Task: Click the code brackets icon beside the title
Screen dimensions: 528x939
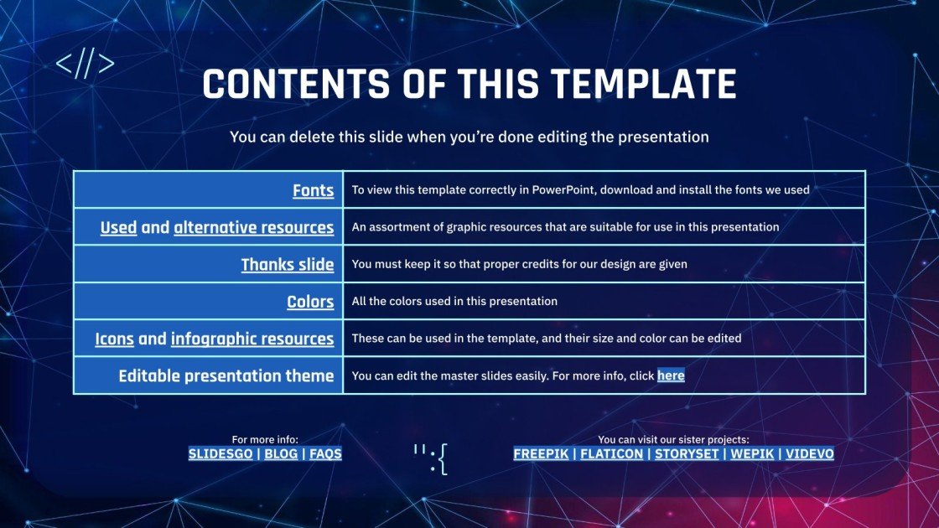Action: click(85, 65)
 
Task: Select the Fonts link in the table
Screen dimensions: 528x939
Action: click(313, 190)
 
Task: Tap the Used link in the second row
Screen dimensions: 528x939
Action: click(118, 227)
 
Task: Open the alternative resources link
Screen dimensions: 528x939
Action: click(253, 227)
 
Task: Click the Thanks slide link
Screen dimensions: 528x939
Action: click(287, 265)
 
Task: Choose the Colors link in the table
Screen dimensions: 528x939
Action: click(310, 302)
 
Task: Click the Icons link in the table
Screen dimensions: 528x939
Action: click(114, 339)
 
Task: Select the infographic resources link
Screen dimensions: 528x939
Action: click(252, 339)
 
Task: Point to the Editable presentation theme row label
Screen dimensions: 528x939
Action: click(226, 375)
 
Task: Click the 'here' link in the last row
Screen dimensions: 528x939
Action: click(671, 375)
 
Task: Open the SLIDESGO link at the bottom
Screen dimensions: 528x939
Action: click(221, 453)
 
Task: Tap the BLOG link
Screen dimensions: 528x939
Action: click(281, 453)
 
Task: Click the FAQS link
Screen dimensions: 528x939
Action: click(325, 453)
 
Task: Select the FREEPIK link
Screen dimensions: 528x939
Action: click(541, 453)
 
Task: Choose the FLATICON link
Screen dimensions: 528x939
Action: click(611, 453)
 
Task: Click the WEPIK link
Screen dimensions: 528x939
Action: click(751, 453)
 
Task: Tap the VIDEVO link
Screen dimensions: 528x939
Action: click(810, 453)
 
